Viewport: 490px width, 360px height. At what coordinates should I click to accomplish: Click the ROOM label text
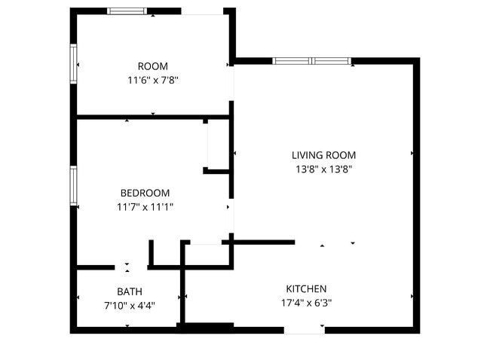click(153, 66)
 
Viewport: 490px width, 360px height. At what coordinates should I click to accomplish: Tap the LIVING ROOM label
click(323, 156)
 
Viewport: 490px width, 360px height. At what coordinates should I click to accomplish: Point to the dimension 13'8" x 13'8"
click(323, 169)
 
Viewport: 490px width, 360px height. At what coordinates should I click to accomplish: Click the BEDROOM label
click(145, 193)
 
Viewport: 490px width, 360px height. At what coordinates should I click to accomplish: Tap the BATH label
click(129, 291)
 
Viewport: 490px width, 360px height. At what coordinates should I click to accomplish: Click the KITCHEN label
click(306, 288)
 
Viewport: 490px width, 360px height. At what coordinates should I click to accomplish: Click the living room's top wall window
click(312, 61)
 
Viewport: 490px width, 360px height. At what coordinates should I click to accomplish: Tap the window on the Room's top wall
click(127, 11)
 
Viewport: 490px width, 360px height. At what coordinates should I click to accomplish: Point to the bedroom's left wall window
click(74, 185)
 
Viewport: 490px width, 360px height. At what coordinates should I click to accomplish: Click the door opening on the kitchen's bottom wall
click(304, 329)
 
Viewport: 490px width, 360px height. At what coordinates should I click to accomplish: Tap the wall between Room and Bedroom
click(151, 117)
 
